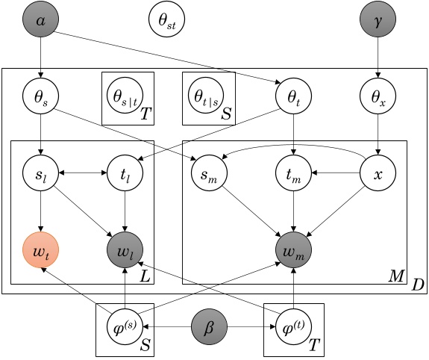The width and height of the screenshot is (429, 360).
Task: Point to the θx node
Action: (x=379, y=96)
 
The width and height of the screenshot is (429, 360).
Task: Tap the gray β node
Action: (x=209, y=327)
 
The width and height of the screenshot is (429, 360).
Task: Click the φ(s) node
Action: (x=125, y=327)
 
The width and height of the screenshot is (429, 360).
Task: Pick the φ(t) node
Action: (x=292, y=327)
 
